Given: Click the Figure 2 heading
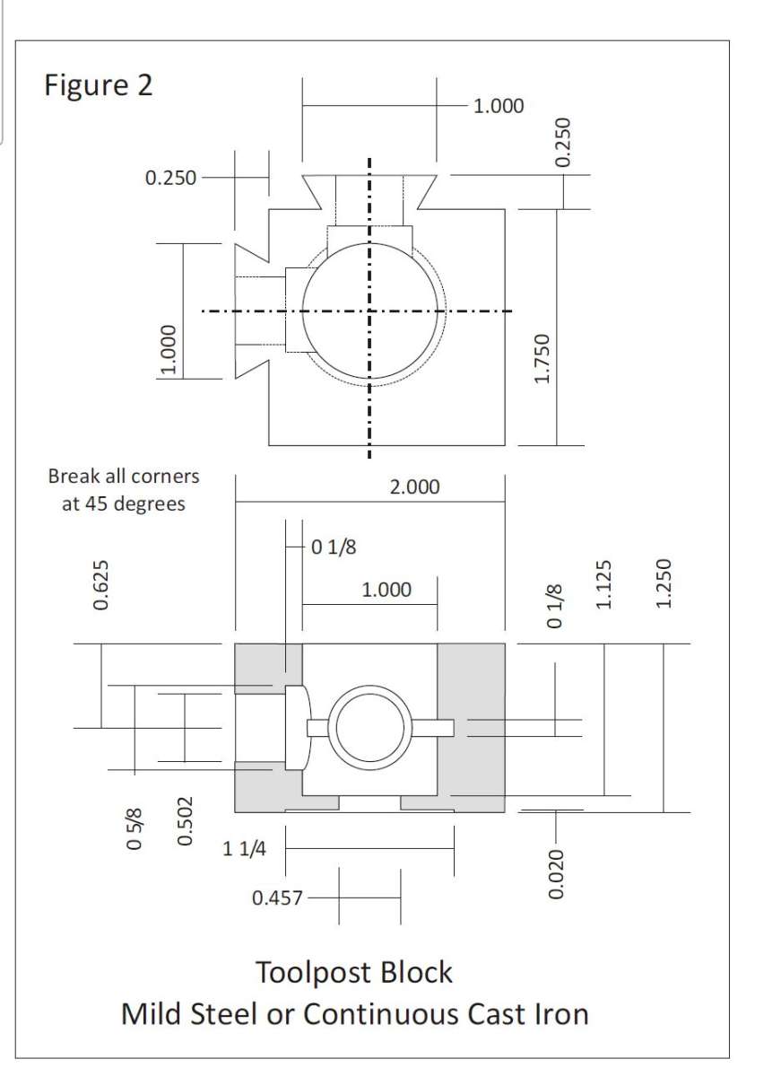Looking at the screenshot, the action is tap(99, 85).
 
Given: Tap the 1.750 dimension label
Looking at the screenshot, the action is tap(542, 359).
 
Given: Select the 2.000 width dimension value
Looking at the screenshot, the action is tap(414, 487).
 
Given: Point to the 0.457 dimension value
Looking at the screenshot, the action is tap(277, 897).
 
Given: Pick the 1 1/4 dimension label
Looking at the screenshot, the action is tap(244, 849).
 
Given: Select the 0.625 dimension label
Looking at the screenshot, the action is tap(100, 585).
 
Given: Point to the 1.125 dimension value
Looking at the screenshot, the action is tap(603, 584).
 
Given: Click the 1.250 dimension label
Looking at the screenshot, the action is tap(663, 583).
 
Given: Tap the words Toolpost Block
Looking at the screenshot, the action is tap(354, 972).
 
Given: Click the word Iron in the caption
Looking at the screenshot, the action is tap(562, 1014).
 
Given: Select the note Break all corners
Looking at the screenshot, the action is tap(124, 476).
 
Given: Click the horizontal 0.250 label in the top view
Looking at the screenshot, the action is tap(170, 178).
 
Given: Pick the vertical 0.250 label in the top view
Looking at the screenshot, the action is tap(562, 143).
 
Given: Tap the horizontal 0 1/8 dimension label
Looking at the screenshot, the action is tap(334, 547).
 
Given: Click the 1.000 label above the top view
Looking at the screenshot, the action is tap(499, 106).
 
